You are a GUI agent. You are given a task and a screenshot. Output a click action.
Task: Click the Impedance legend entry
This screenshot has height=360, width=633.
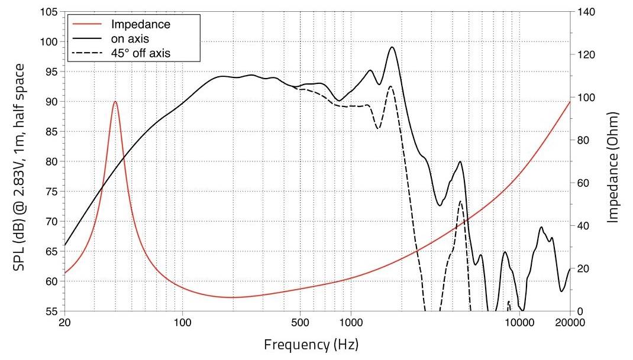click(141, 25)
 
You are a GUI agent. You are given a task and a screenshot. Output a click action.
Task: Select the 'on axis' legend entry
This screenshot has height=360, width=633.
click(130, 39)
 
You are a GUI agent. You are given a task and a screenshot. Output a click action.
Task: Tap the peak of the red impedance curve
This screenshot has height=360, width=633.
click(115, 102)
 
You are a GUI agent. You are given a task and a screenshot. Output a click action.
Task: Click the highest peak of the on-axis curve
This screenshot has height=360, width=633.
click(392, 47)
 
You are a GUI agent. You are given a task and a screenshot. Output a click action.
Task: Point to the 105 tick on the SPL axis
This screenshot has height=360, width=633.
click(49, 12)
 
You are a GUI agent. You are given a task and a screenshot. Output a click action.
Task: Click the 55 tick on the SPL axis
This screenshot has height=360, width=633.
click(52, 311)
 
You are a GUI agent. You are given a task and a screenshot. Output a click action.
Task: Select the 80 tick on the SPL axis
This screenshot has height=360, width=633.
click(52, 161)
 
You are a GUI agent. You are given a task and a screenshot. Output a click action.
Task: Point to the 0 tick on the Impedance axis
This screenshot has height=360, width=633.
click(577, 311)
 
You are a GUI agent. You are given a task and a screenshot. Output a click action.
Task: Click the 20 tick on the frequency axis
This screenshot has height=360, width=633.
click(65, 322)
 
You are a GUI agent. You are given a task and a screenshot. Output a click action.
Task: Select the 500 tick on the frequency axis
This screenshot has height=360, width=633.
click(300, 322)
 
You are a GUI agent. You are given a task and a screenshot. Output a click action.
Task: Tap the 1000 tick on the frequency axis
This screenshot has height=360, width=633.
click(351, 322)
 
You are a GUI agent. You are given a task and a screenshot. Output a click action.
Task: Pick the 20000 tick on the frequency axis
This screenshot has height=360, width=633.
click(570, 322)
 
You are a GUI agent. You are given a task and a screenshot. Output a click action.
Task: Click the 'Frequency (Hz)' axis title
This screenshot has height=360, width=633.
click(311, 344)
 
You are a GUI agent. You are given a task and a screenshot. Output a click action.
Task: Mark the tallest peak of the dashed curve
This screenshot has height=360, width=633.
click(390, 86)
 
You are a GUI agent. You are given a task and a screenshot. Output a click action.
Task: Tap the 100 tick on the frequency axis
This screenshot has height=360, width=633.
click(182, 322)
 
